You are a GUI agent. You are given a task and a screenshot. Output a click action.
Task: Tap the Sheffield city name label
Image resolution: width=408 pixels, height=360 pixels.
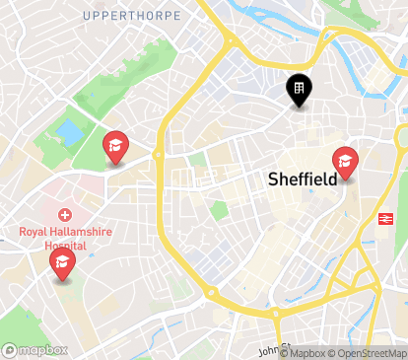coord(303,180)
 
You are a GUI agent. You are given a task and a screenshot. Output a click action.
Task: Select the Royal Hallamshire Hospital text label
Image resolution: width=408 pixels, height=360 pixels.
coord(66,238)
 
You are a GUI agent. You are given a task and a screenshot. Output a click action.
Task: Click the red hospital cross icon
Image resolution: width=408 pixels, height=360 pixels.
coord(65,215)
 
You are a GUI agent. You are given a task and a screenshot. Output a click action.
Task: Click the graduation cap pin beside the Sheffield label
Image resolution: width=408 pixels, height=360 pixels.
coord(345,162)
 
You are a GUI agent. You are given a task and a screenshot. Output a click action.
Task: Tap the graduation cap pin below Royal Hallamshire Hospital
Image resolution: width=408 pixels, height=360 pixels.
coord(62,263)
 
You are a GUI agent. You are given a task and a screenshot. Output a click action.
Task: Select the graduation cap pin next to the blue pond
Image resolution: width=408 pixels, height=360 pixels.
coord(115,149)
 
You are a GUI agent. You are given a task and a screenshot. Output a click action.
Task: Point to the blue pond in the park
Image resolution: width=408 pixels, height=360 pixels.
coord(69,131)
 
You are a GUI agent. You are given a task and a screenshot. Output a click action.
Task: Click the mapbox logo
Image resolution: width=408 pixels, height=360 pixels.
coord(35,349)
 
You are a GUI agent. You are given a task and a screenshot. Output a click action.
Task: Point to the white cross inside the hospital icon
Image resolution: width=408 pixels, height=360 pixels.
coord(65,215)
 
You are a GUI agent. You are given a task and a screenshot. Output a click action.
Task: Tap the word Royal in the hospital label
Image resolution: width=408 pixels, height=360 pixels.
coord(33,232)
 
